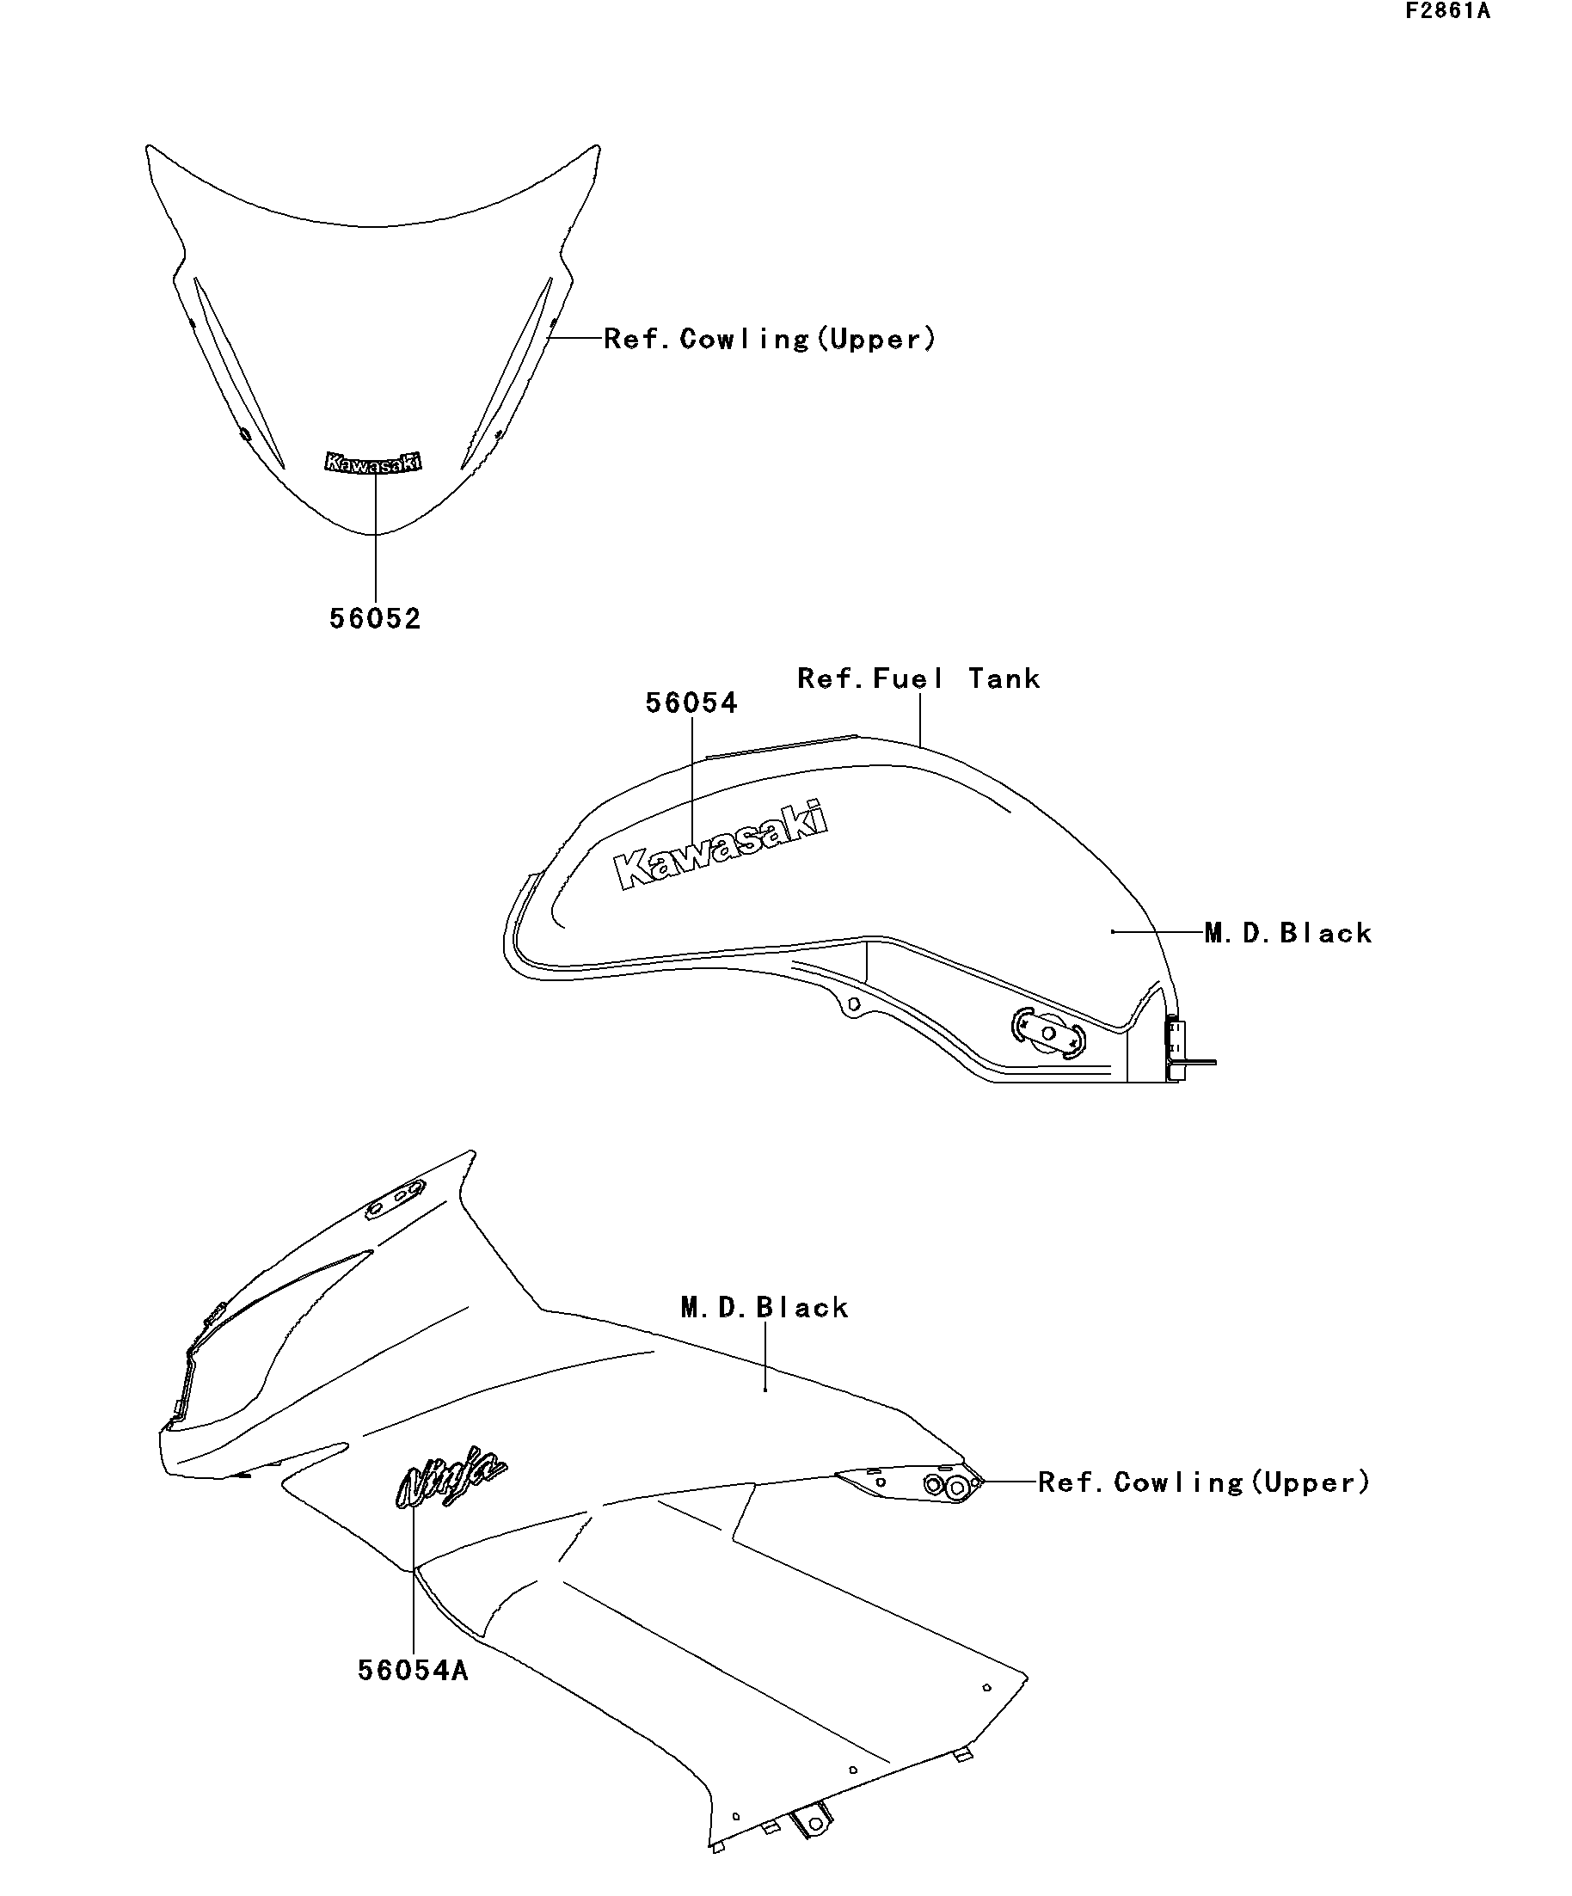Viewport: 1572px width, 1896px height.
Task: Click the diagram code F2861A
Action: pos(1447,12)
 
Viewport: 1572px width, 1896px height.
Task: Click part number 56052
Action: pos(375,619)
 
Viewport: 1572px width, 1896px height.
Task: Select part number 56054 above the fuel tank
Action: pos(691,703)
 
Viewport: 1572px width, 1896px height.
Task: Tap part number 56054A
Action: pos(414,1670)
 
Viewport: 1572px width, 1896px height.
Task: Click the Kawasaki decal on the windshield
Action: pos(373,463)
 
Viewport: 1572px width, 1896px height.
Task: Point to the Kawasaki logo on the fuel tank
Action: pos(720,844)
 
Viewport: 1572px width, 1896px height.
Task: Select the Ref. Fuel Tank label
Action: pos(918,678)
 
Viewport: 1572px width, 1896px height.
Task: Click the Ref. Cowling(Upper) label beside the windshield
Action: pos(771,340)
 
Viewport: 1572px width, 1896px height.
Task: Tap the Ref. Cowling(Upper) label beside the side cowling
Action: pos(1205,1482)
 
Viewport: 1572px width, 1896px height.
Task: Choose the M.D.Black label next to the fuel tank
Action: pos(1288,933)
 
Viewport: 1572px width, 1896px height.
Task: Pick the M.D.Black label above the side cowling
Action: pos(765,1307)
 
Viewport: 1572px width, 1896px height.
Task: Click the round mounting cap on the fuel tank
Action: pos(1048,1033)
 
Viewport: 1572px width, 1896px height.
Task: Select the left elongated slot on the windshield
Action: pos(238,373)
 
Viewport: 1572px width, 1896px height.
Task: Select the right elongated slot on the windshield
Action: pos(507,373)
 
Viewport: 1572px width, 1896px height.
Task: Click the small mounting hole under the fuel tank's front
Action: pos(852,1003)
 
